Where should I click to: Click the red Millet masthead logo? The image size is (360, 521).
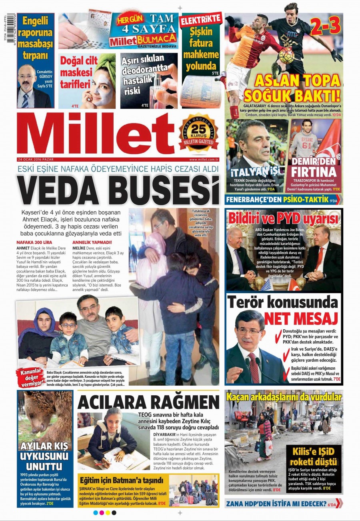coord(96,134)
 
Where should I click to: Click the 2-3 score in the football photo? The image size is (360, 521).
coord(327,26)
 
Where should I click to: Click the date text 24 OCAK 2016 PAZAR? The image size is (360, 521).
coord(40,158)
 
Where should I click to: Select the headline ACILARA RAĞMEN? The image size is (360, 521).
coord(148,401)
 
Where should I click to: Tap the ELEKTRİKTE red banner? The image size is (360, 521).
coord(201,19)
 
